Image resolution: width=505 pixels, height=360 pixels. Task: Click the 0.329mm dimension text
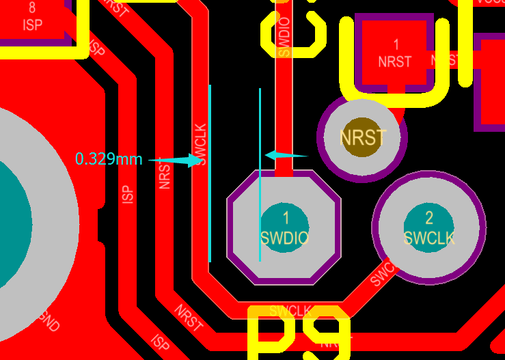coord(109,159)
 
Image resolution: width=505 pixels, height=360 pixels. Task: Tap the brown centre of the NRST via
coord(362,138)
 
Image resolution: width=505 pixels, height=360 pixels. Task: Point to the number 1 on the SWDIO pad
coord(286,218)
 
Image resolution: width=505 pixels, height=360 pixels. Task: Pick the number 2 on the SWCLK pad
coord(429,218)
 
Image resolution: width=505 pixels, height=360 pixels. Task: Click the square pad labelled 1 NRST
coord(395,53)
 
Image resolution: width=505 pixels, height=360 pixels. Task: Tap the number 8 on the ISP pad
coord(32,9)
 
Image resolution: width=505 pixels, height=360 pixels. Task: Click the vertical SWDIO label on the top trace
coord(285,37)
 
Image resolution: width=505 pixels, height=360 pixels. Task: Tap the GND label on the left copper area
coord(48,320)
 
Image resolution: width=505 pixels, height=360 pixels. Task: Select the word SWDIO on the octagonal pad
coord(285,238)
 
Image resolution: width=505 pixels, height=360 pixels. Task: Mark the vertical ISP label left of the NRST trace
coord(127,194)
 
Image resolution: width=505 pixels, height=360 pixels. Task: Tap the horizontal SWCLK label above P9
coord(290,311)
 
